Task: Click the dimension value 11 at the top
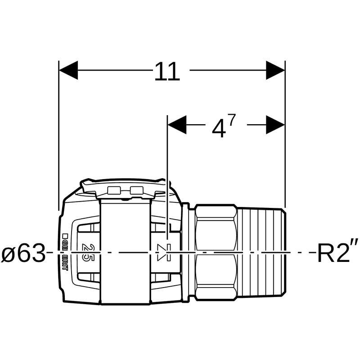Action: [167, 72]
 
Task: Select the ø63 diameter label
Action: [23, 253]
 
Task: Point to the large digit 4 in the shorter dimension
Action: [218, 129]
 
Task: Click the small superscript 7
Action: [232, 120]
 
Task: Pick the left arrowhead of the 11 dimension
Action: [68, 70]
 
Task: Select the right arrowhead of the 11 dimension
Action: [275, 70]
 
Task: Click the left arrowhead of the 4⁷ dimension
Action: [177, 125]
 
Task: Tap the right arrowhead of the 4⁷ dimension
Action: [275, 125]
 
